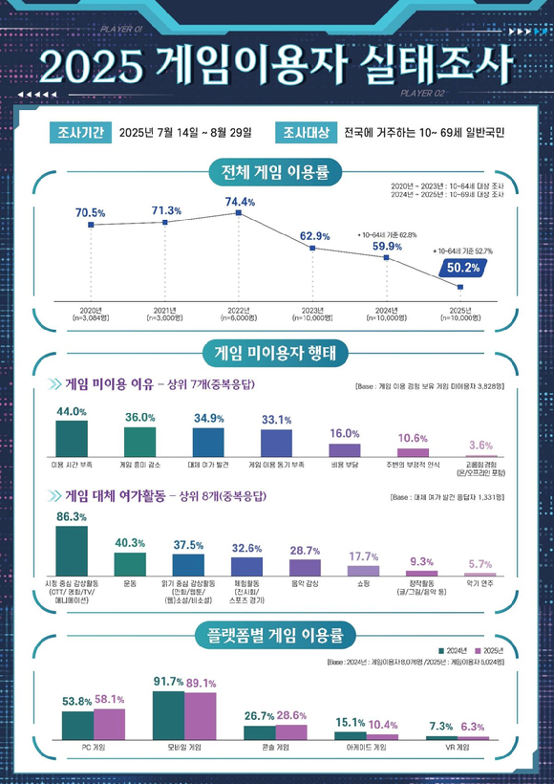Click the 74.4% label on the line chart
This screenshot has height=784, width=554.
pos(240,202)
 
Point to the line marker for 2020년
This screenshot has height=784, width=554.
pos(91,226)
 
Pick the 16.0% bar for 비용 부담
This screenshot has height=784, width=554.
pos(344,449)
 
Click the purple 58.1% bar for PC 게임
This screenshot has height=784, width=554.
pos(109,724)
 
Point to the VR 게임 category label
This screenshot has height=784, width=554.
pos(457,747)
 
